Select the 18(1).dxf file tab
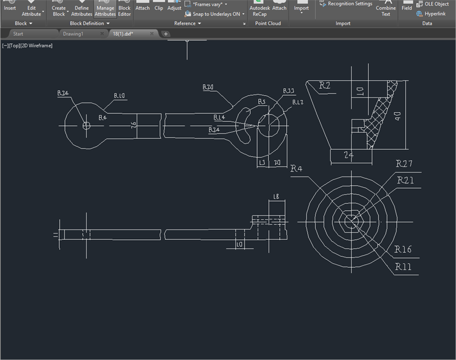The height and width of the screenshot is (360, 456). pos(127,34)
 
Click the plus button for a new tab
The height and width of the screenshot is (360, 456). pos(166,34)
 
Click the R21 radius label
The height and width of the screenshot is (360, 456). pos(406,181)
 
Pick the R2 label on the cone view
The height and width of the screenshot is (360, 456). pos(324,85)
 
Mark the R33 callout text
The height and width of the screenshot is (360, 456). pos(288,91)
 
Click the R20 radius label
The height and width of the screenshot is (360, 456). pos(208,87)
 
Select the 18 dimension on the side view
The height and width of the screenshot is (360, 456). pos(276,197)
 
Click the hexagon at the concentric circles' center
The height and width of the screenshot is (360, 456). pos(351,220)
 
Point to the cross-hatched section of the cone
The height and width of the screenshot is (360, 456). pos(381,117)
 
